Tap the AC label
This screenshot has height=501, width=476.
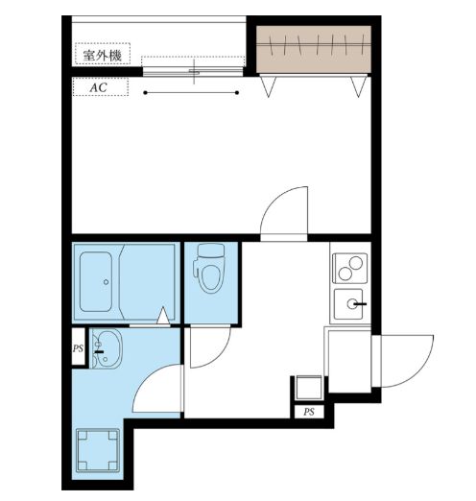coord(97,86)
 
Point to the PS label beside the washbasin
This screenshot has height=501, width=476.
coord(78,349)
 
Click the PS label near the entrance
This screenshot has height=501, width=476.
coord(309,412)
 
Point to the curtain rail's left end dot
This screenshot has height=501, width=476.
coord(146,93)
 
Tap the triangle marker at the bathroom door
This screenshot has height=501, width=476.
coord(164,315)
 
